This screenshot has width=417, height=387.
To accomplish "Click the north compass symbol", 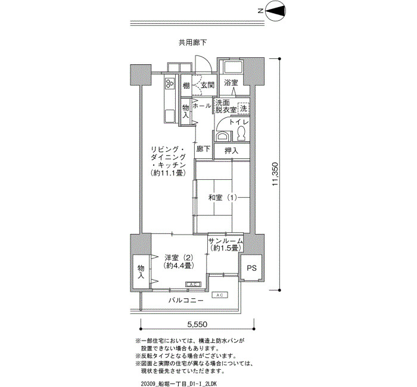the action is tap(276, 11).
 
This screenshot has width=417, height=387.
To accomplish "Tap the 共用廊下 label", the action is tap(193, 42).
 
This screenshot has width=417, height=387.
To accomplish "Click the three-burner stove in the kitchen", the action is tap(170, 83).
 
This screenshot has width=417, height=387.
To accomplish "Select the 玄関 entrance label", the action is tap(207, 86).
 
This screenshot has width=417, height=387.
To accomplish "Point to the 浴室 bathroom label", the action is tap(231, 83).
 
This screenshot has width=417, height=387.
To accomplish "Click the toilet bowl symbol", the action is tap(241, 133).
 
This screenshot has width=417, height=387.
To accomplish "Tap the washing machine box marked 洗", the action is tap(244, 108).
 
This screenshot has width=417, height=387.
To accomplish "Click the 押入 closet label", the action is tap(231, 151).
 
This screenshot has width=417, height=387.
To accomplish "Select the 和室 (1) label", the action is tap(222, 198).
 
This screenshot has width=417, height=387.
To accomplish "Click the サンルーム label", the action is tap(226, 241).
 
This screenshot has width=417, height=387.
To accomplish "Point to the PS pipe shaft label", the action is tap(251, 268).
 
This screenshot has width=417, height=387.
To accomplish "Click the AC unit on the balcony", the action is tap(220, 295).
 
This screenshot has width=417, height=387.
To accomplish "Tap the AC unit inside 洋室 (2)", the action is tap(194, 285).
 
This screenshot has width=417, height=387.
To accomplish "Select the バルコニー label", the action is tap(186, 301).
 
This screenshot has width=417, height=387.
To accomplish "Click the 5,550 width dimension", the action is tap(197, 324).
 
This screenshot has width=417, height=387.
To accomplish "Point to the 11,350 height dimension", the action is tap(275, 174).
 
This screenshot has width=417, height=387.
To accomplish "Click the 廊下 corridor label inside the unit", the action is tap(204, 149).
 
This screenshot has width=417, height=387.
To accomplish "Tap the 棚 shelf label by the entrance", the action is tap(186, 86).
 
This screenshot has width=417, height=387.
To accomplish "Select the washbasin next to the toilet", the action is tap(222, 136).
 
